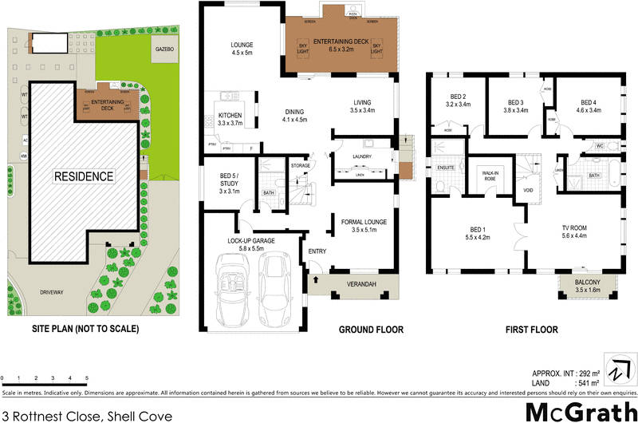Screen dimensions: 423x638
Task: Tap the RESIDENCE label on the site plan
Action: click(84, 176)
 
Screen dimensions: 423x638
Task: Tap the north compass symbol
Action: click(616, 373)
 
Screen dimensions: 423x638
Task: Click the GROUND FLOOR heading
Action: click(371, 330)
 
